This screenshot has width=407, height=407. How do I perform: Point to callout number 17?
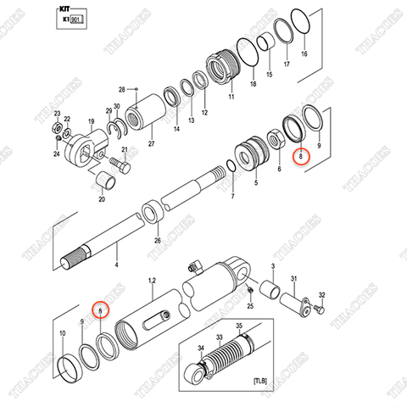tap(285, 64)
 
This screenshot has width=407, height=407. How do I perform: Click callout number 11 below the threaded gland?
tap(228, 98)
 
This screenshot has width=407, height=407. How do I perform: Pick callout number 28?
tap(121, 89)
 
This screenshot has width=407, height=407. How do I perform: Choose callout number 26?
tap(156, 240)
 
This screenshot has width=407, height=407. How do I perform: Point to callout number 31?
tap(293, 279)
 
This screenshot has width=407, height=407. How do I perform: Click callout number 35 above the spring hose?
tap(239, 326)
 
